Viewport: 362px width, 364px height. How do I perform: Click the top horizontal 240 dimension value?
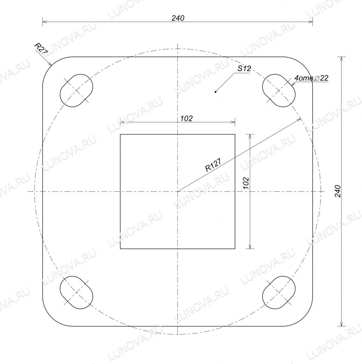[178, 18]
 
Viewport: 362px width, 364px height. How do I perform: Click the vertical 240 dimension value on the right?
[338, 191]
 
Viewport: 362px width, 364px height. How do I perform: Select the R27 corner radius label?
[41, 48]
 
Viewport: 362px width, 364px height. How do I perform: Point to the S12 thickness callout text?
[244, 69]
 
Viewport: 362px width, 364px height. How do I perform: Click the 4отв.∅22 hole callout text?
[311, 78]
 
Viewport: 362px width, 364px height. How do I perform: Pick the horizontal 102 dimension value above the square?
[187, 118]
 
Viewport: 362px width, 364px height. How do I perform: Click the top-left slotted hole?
[76, 91]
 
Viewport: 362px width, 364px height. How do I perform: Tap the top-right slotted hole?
[279, 91]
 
